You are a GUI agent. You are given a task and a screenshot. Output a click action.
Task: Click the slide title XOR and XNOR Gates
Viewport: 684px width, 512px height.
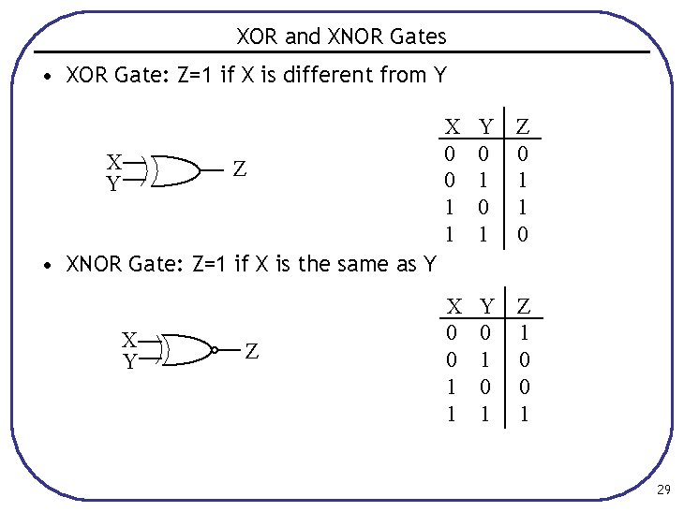(x=341, y=37)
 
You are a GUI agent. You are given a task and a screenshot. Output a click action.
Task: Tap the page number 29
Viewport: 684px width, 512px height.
(x=663, y=490)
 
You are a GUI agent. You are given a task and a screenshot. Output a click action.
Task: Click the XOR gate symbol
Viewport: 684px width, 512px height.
(x=178, y=170)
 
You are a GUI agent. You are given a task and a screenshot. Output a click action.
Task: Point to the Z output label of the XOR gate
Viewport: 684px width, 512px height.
(x=240, y=169)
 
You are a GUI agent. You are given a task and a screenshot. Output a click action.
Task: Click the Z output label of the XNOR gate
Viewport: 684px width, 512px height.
(x=251, y=352)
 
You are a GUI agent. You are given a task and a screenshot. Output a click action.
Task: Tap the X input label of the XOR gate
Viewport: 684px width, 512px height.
(x=113, y=161)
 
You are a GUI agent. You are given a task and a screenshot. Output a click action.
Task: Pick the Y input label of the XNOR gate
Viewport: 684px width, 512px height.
(x=130, y=360)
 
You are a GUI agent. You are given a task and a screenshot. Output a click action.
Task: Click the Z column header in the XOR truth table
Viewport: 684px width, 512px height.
(x=523, y=125)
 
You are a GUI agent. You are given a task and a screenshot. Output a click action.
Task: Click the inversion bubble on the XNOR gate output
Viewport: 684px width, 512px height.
(x=215, y=350)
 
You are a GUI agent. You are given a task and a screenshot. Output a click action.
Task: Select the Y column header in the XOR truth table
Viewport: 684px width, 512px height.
(x=485, y=125)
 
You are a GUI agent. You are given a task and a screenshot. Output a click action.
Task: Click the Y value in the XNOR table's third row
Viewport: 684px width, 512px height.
(x=485, y=387)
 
